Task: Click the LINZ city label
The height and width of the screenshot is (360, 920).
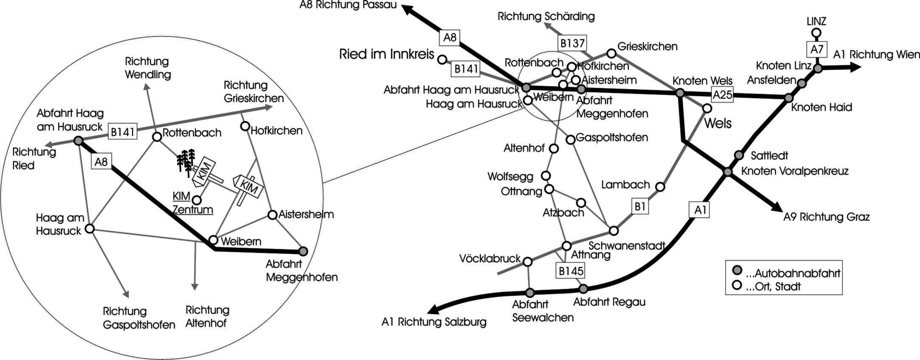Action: [x=816, y=21]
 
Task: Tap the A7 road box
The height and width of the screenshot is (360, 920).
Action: [x=817, y=49]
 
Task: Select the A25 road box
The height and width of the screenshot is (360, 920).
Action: [x=722, y=95]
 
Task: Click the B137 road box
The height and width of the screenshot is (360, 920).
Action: [x=572, y=43]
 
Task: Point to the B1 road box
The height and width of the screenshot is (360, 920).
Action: [x=640, y=207]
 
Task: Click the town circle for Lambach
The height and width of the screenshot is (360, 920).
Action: [x=660, y=187]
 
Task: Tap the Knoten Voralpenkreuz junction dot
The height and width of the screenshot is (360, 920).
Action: [x=728, y=172]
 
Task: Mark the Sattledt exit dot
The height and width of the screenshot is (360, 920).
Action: [x=739, y=155]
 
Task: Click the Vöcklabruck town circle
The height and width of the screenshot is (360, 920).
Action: [x=527, y=262]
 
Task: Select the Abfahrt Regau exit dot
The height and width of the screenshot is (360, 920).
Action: [x=583, y=289]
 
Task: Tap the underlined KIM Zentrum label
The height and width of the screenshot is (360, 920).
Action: [x=192, y=202]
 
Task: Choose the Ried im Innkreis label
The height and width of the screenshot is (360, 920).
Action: [x=387, y=54]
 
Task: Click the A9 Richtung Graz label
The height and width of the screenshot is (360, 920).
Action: [x=827, y=217]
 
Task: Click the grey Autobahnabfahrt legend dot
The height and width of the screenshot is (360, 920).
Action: [x=738, y=270]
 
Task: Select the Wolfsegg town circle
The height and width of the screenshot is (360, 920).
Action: [x=546, y=176]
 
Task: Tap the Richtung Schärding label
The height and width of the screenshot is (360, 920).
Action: [x=546, y=17]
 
